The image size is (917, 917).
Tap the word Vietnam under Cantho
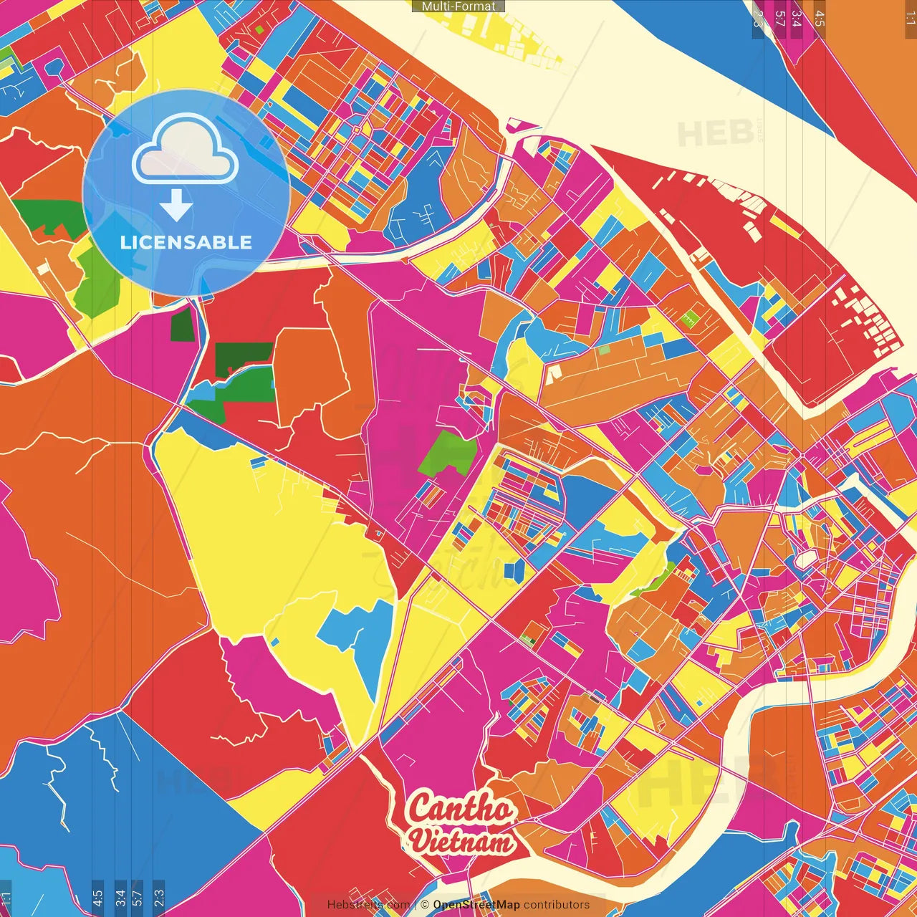coord(463,840)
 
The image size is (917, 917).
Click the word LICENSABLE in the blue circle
coord(186,242)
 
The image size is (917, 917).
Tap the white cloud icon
coord(186,151)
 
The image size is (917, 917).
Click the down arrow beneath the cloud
coord(176,205)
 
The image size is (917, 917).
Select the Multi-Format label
coord(458,6)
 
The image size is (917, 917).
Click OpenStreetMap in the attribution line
coord(476,905)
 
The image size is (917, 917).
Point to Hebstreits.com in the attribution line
coord(368,905)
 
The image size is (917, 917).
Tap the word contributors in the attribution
coord(557,905)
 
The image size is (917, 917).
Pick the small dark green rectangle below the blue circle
coord(182,325)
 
